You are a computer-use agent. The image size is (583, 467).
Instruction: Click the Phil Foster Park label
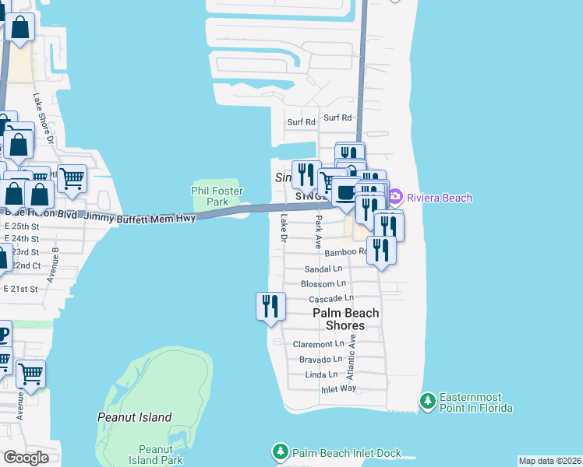[x=217, y=196]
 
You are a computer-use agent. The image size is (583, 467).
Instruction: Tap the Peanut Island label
[x=134, y=417]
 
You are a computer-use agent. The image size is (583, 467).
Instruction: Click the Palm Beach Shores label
[x=345, y=319]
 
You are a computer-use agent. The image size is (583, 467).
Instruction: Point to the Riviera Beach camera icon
[x=396, y=198]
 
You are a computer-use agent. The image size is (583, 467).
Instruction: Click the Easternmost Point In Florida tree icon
[x=427, y=402]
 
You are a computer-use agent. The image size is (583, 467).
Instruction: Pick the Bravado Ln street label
[x=320, y=360]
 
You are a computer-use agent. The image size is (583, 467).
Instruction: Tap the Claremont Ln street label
[x=318, y=344]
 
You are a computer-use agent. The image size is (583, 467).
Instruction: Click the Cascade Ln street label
[x=331, y=298]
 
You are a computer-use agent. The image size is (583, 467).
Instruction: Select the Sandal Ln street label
[x=323, y=269]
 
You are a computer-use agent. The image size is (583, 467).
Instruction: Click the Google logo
[x=26, y=458]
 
